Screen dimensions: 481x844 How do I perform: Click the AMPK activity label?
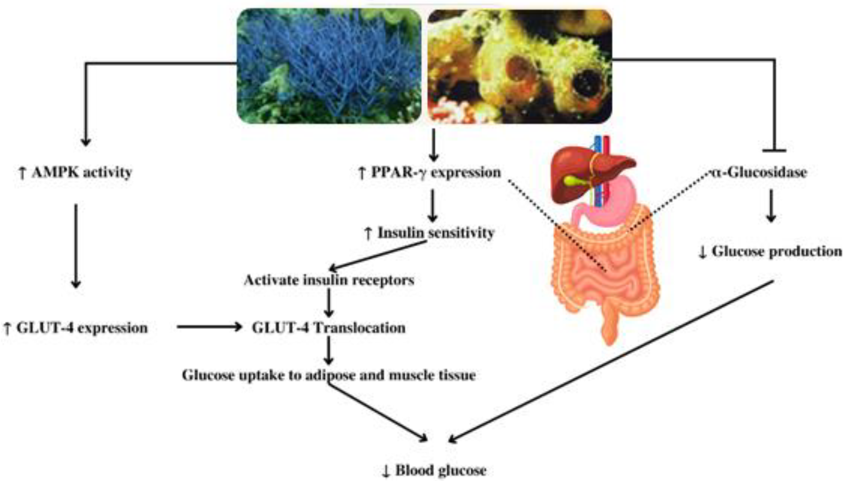(76, 172)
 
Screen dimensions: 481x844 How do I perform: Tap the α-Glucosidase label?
(759, 172)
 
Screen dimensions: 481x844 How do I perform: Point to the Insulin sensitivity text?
(429, 233)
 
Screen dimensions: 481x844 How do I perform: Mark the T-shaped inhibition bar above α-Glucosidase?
(774, 151)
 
